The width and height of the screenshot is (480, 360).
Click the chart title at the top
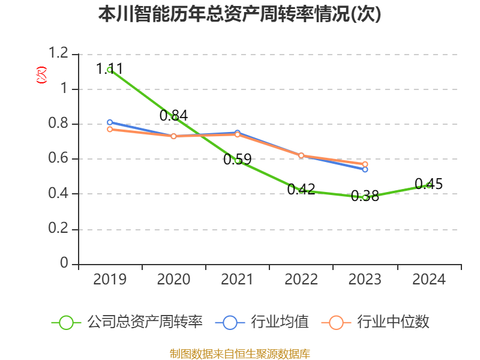240,14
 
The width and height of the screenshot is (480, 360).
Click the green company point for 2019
110,70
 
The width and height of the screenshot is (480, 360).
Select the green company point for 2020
175,117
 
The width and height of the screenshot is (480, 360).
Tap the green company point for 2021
238,161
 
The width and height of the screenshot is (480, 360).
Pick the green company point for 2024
428,185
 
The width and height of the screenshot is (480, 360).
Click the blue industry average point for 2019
110,122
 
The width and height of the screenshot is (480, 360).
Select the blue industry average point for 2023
365,169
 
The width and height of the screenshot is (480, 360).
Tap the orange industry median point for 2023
365,164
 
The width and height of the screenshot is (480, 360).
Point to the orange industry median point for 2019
110,129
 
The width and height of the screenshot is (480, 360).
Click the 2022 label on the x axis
301,280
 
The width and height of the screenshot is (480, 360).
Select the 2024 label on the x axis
429,280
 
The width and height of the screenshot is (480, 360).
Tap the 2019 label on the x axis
110,280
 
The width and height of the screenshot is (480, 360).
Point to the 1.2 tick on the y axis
59,54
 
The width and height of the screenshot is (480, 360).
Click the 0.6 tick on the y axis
59,159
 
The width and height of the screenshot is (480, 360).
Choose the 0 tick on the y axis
65,264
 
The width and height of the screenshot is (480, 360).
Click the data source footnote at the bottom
240,353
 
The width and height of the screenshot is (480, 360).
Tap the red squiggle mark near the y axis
41,75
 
